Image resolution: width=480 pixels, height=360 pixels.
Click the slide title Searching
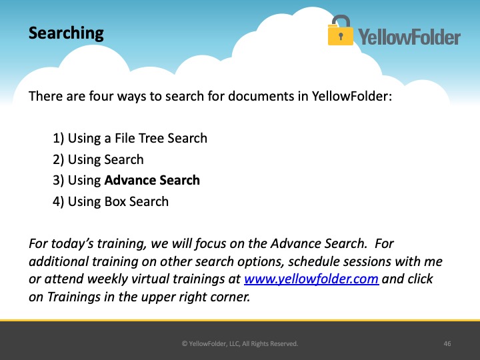coord(66,33)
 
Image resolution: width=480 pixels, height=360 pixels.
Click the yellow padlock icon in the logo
coord(340,30)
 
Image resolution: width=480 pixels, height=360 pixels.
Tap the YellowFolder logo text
coord(409,37)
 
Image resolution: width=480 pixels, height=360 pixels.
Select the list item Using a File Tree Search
coord(130,139)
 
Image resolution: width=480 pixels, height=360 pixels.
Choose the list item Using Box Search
coord(111,202)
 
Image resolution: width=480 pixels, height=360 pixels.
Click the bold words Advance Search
coord(152,180)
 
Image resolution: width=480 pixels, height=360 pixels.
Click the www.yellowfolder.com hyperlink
coord(311,279)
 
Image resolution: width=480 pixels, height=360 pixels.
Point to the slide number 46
coord(447,344)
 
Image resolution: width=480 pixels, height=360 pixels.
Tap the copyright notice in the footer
coord(240,344)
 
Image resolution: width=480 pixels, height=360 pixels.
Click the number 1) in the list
coord(58,139)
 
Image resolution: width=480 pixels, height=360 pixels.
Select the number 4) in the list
coord(58,202)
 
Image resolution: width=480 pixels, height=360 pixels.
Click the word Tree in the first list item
coord(151,139)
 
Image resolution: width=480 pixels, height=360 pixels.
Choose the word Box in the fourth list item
coord(115,202)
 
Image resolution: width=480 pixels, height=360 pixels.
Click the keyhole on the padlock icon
coord(341,36)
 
